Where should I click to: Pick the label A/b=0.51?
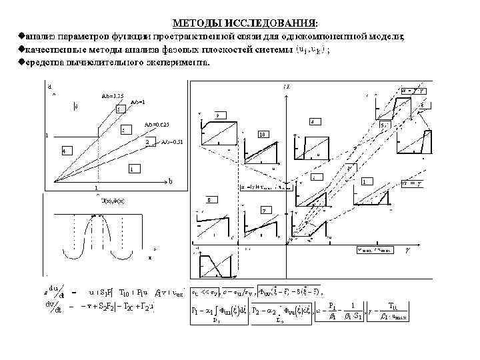coord(172,141)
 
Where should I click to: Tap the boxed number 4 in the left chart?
coord(63,150)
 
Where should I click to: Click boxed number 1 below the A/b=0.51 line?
coord(135,169)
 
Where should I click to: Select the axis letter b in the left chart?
coord(170,181)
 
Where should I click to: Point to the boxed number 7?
coord(264,210)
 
